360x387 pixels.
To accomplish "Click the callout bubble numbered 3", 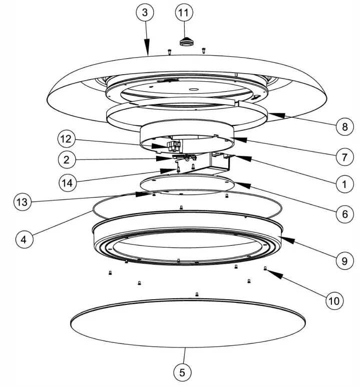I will (x=145, y=13).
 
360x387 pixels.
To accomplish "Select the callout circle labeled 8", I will (x=344, y=127).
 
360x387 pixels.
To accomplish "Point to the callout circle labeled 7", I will (x=344, y=157).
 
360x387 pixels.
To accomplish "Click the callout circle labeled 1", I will (x=344, y=184).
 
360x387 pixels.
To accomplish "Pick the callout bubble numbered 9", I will (x=344, y=260).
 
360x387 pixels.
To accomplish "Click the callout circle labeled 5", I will (x=182, y=372).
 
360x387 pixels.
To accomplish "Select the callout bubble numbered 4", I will (x=23, y=239).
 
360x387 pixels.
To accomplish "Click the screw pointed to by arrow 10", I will (x=265, y=269).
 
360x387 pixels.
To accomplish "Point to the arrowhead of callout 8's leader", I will (x=271, y=114).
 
